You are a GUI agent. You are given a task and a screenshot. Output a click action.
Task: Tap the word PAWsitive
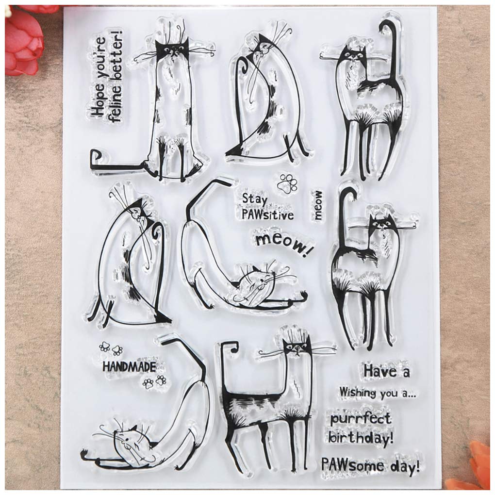coord(266,214)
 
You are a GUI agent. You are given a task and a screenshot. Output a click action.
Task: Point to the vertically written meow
coord(318,206)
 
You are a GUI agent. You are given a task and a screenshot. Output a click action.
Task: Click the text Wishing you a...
coord(378,392)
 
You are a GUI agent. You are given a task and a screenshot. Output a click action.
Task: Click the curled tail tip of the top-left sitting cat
coord(95,156)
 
